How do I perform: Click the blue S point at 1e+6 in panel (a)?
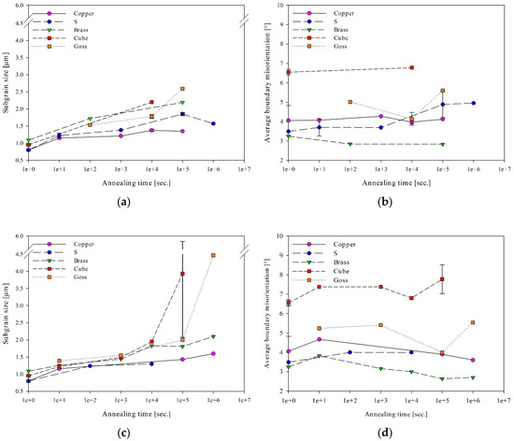tap(213, 123)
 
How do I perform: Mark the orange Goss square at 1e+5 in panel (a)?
tap(182, 89)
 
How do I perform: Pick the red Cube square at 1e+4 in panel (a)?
tap(151, 103)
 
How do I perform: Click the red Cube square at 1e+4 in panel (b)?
tap(411, 67)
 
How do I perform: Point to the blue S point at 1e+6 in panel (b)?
tap(473, 103)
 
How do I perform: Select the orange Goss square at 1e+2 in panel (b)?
tap(350, 102)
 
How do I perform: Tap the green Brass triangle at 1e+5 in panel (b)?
tap(442, 145)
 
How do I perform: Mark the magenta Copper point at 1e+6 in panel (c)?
tap(213, 354)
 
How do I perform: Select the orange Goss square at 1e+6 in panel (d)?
tap(473, 322)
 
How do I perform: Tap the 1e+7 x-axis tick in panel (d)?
tap(504, 399)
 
